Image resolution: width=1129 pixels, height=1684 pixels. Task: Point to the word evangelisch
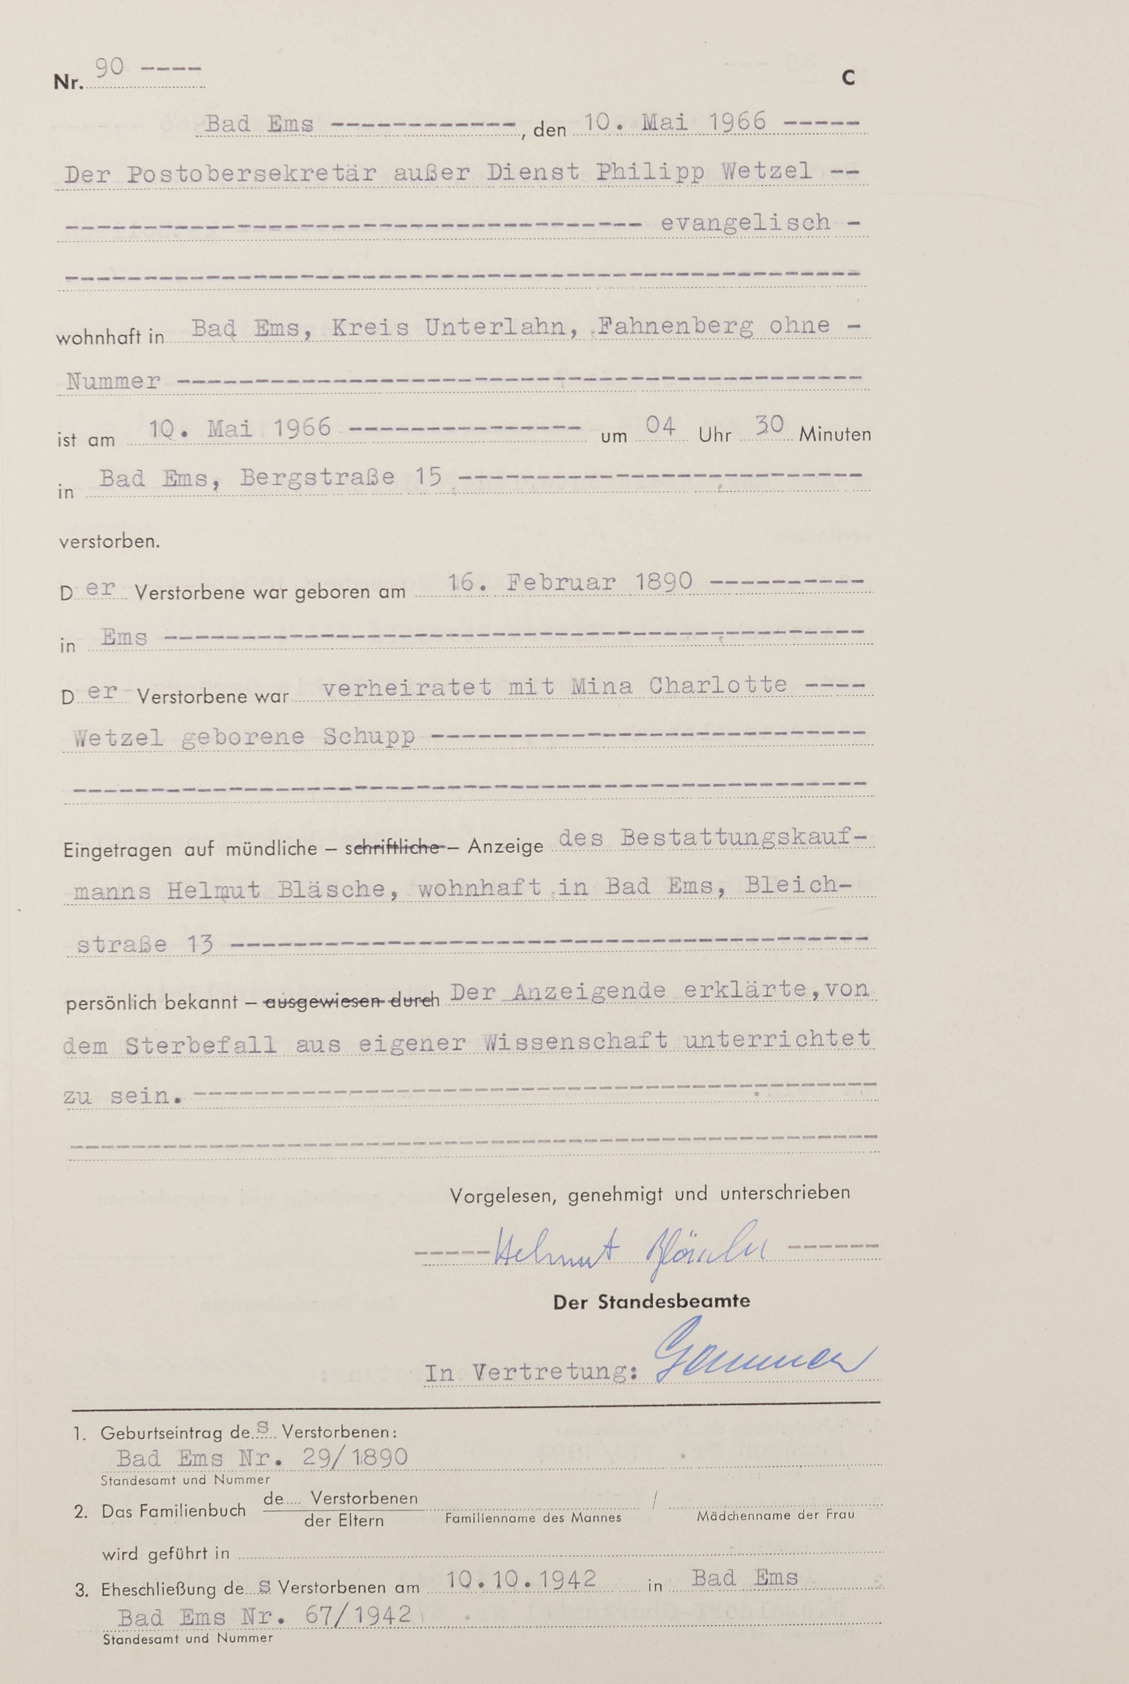(745, 222)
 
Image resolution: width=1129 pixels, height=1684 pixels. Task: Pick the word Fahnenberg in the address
(676, 327)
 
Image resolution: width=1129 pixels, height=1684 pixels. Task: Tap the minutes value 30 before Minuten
(769, 426)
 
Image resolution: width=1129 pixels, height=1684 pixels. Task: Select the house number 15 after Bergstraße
(428, 477)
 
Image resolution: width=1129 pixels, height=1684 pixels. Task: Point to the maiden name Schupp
(369, 736)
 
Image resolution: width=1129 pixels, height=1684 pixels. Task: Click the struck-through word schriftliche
(396, 848)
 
